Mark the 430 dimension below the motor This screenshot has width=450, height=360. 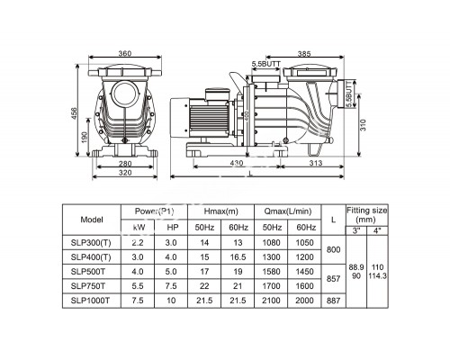point(237,162)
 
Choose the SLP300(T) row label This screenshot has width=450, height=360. point(98,244)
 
